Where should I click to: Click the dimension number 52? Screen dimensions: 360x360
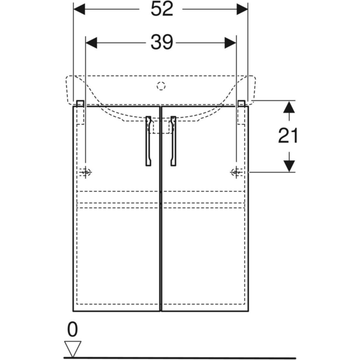161,9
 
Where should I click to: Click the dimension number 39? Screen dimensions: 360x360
161,43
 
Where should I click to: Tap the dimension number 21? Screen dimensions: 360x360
288,136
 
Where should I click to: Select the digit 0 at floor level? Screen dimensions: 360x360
73,329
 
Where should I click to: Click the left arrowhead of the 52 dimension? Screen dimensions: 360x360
79,9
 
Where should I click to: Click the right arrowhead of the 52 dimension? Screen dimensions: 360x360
242,9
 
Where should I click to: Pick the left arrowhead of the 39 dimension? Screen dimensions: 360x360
91,43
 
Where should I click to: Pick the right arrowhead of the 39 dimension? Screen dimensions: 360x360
230,43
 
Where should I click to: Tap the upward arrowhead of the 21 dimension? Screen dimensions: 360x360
289,107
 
